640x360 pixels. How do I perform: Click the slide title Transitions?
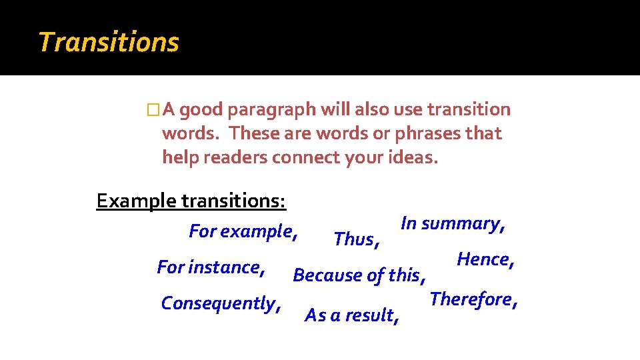(x=109, y=42)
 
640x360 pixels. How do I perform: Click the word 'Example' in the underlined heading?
(x=137, y=201)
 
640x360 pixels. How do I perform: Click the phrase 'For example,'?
(x=243, y=232)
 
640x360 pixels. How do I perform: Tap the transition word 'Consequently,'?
(x=221, y=304)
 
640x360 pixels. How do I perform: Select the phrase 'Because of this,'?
(x=359, y=275)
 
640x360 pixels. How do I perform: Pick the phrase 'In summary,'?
(x=453, y=224)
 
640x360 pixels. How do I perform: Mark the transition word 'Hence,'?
(x=485, y=259)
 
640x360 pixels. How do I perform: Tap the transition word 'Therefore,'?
(x=474, y=299)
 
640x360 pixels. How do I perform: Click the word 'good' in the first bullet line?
(x=201, y=110)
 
